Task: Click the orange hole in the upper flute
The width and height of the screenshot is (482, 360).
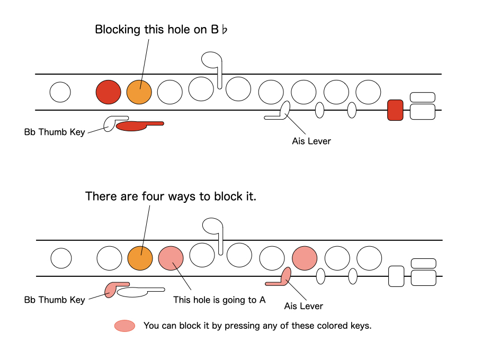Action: point(139,92)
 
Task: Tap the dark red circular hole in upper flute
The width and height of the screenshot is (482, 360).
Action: point(108,92)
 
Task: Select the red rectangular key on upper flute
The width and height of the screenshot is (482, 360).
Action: point(395,110)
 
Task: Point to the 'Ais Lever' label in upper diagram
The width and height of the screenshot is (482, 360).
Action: point(311,141)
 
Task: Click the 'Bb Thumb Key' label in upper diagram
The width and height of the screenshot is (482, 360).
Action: point(55,132)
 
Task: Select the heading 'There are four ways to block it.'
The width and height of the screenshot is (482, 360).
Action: point(171,196)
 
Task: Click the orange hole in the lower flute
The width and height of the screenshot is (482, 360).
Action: point(140,258)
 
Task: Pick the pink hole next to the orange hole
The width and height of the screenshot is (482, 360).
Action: point(171,258)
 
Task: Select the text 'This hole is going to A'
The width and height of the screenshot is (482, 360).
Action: point(219,300)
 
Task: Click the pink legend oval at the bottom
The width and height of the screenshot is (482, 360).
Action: point(124,326)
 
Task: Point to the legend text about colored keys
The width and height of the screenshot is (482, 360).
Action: point(257,326)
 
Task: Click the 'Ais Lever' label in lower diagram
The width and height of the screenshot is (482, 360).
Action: point(304,306)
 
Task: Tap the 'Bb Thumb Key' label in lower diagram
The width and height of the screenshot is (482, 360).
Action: point(55,300)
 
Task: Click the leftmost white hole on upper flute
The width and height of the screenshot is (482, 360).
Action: point(60,92)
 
